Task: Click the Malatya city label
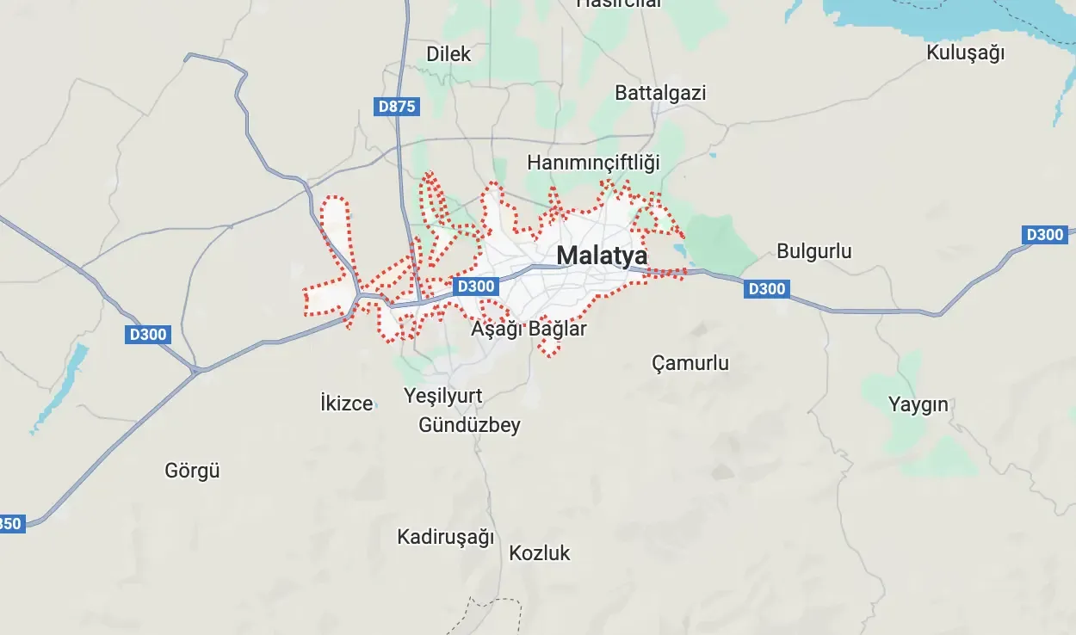point(602,256)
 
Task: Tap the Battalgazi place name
point(660,93)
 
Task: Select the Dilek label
point(448,54)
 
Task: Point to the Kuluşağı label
point(965,52)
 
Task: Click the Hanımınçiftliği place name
point(593,162)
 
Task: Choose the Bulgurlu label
point(813,251)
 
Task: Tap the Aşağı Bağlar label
point(529,329)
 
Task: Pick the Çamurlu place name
point(690,363)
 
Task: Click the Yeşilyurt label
point(443,397)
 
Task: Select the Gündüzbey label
point(469,425)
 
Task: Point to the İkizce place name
point(346,403)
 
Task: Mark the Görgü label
point(192,471)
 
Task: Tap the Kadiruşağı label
point(445,537)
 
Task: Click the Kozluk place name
point(540,553)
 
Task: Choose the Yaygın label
point(918,404)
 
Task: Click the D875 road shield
point(397,107)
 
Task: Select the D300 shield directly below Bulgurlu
point(766,289)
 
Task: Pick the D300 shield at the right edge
point(1045,234)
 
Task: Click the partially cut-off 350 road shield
point(11,523)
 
